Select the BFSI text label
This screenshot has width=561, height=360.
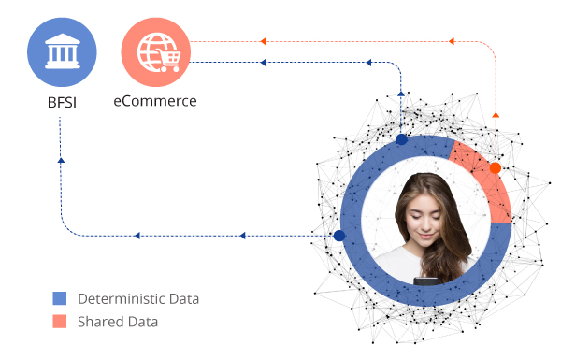[62, 101]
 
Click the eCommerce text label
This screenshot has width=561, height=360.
[155, 100]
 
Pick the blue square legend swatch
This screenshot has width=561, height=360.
[60, 299]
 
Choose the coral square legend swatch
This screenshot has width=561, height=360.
[60, 322]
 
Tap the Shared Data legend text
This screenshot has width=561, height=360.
[118, 322]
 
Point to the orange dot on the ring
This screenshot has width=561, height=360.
[496, 168]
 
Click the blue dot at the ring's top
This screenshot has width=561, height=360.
[402, 139]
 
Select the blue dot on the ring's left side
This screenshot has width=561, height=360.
[339, 236]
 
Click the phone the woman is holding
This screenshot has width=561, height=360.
[426, 280]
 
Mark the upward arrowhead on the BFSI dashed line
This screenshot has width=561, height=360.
[61, 160]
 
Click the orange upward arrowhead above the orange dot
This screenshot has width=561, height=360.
[496, 114]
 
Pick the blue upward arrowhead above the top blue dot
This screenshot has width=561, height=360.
[402, 94]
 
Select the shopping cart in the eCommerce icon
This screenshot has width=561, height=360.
[168, 60]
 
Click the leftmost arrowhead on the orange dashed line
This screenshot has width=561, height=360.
[263, 41]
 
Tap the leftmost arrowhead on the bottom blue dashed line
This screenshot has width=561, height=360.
[137, 236]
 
